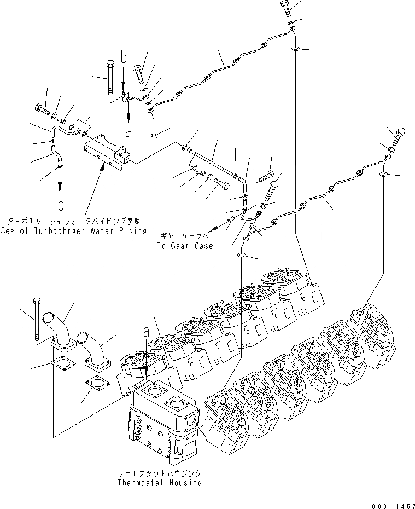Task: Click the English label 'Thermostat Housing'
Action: [x=159, y=483]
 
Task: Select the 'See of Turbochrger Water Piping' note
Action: [x=74, y=230]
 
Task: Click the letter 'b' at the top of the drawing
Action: [x=124, y=56]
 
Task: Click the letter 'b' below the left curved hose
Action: [x=60, y=205]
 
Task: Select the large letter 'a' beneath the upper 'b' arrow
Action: [x=128, y=131]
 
